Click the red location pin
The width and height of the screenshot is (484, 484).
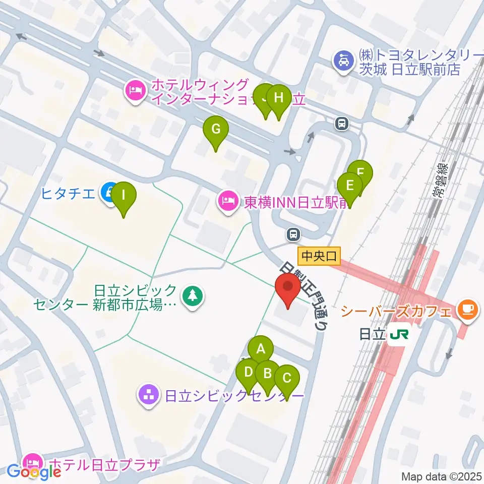(288, 289)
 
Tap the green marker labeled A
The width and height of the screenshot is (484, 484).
(261, 348)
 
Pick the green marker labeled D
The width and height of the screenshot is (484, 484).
(248, 373)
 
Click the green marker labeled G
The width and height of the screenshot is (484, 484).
(216, 129)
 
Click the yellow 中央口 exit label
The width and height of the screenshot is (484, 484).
(319, 256)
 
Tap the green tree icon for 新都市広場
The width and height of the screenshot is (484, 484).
(192, 296)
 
